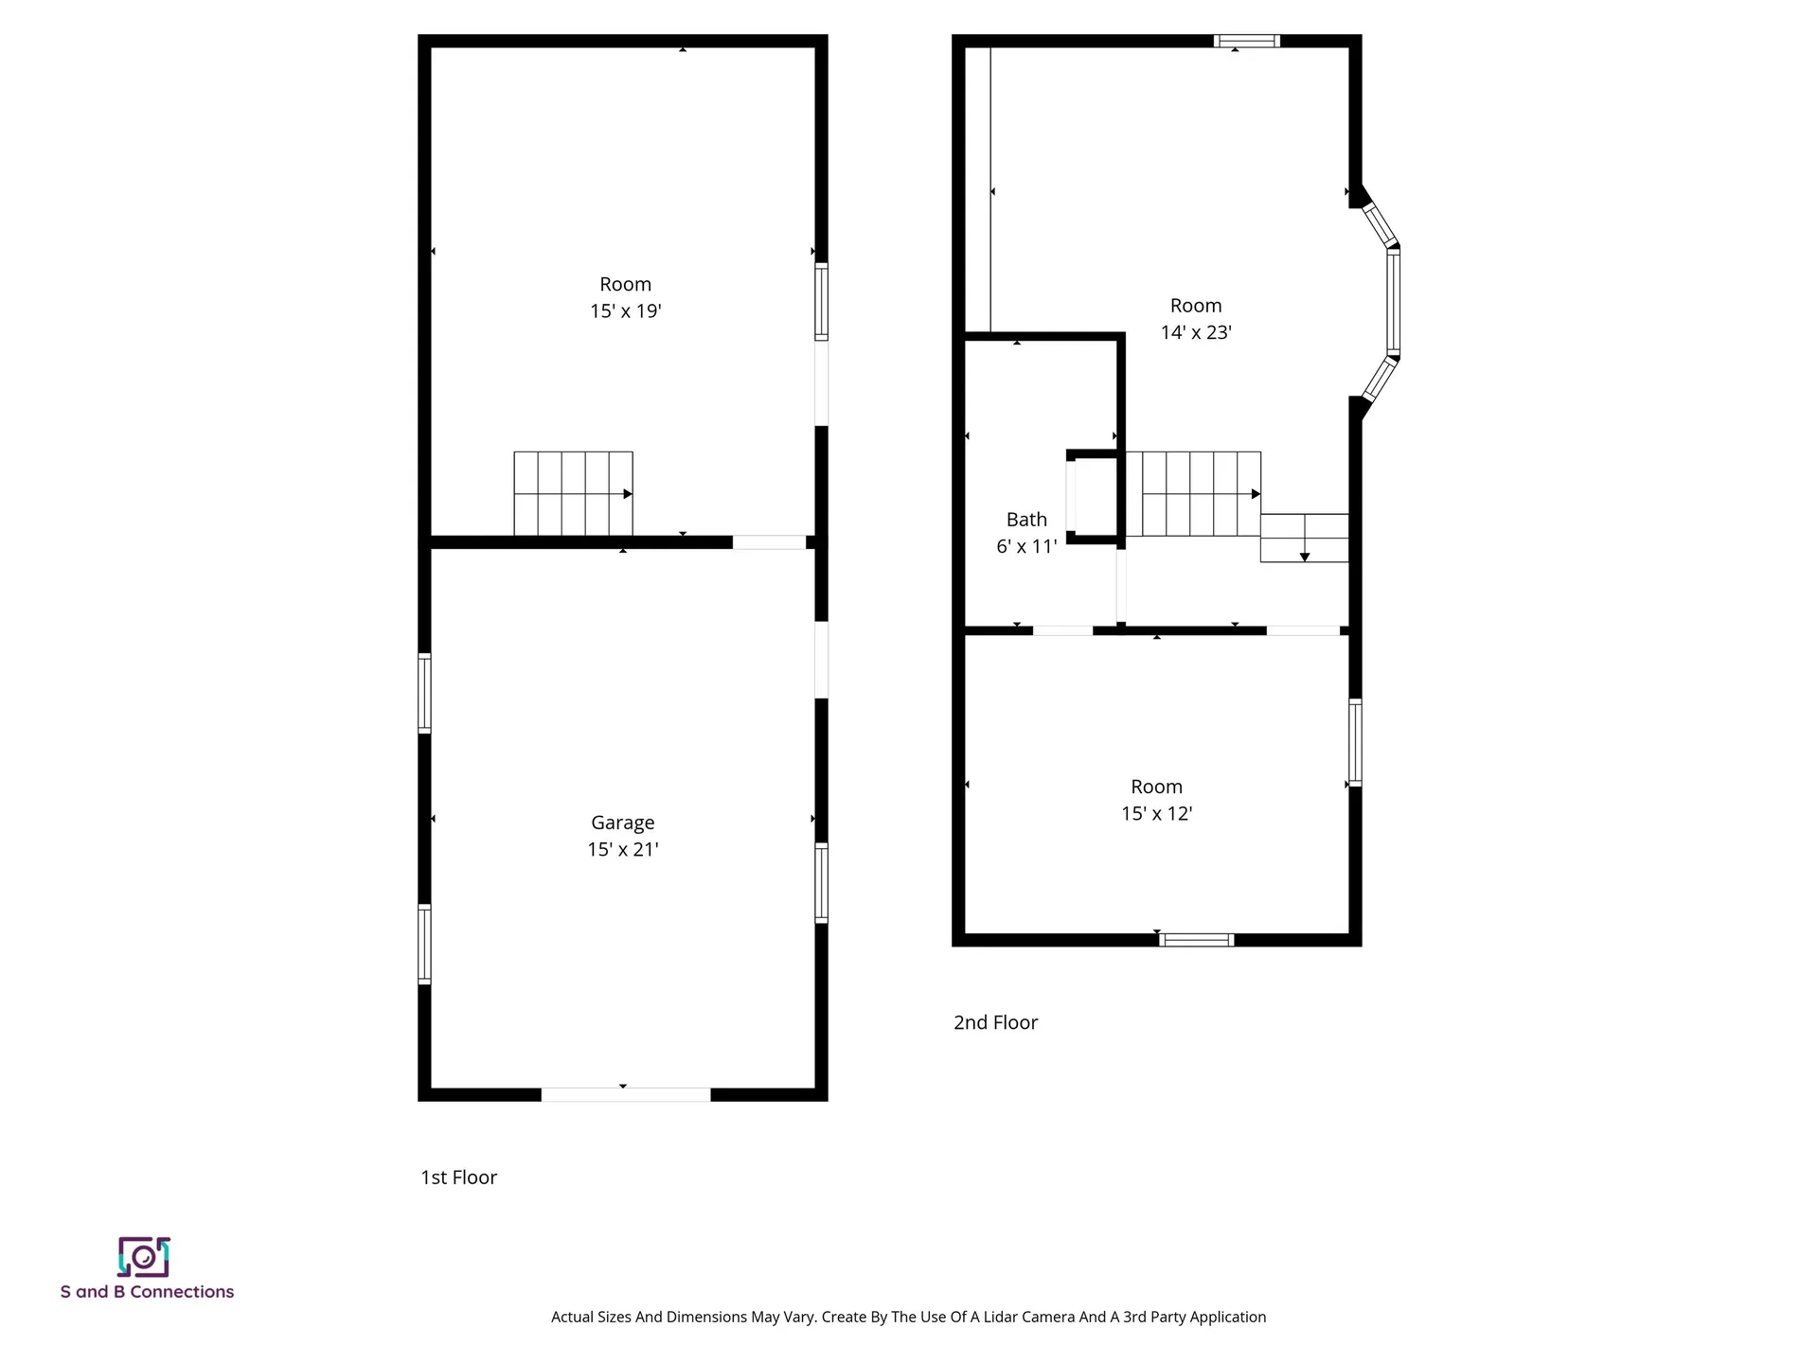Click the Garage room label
click(x=622, y=823)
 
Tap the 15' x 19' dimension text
click(x=625, y=311)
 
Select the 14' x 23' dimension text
click(x=1196, y=332)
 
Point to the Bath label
click(x=1026, y=520)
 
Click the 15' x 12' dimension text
click(x=1156, y=814)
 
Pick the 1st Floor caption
click(x=458, y=1177)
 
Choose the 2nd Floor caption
click(x=995, y=1022)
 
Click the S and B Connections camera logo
click(x=144, y=1257)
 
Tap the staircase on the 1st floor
click(x=573, y=493)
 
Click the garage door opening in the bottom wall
click(x=625, y=1094)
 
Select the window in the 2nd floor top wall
click(x=1246, y=42)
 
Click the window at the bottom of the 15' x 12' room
click(x=1197, y=940)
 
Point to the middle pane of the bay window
click(x=1393, y=301)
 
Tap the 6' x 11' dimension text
click(x=1026, y=547)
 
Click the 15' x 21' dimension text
click(x=622, y=850)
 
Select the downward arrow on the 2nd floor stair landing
click(x=1305, y=555)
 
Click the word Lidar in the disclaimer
click(x=994, y=1317)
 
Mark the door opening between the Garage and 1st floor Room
click(x=769, y=542)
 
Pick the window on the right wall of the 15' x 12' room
click(x=1355, y=742)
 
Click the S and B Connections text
click(x=147, y=1292)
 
